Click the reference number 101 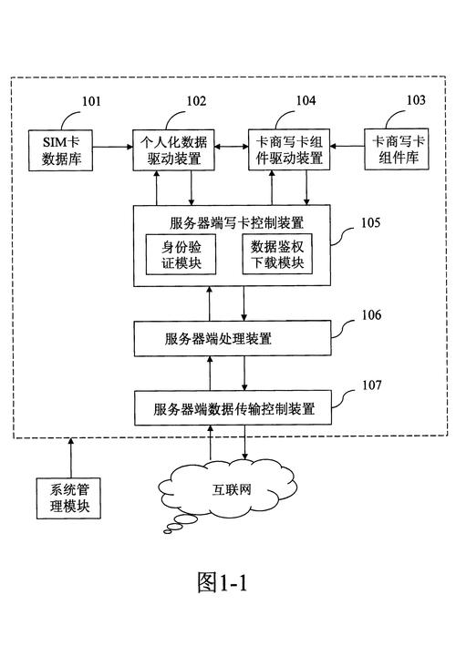pos(92,102)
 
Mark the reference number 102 pos(196,102)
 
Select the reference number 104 pos(306,102)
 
